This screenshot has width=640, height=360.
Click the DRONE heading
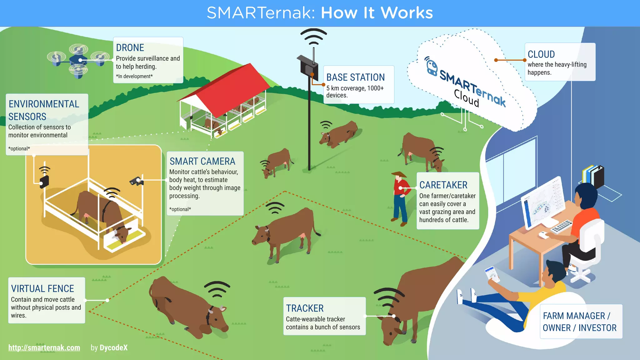tap(130, 47)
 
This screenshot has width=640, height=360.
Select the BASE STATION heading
tap(355, 77)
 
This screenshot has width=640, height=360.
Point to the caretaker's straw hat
tap(399, 174)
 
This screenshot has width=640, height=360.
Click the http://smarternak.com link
tap(44, 347)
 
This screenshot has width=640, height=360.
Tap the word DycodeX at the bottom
tap(113, 347)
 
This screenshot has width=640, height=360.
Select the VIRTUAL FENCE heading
tap(42, 288)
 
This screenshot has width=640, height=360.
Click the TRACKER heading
tap(305, 308)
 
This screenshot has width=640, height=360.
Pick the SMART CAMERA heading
tap(202, 161)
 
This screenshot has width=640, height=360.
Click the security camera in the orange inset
tap(136, 181)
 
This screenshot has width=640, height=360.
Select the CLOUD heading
tap(541, 54)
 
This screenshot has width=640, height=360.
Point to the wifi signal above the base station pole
tap(313, 37)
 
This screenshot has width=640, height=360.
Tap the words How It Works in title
tap(377, 13)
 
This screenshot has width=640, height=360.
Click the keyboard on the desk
tap(562, 227)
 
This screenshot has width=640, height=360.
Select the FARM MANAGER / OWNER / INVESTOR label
tap(579, 322)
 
